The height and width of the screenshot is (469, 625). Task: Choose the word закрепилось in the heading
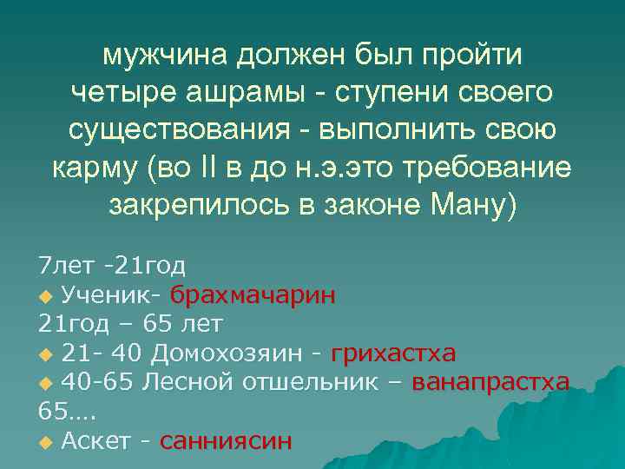pos(191,205)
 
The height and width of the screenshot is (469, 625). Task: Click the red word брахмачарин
pos(253,294)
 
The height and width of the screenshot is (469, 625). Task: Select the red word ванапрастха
pos(490,382)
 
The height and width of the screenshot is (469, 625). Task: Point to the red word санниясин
pos(227,441)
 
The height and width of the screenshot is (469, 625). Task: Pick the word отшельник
pos(312,382)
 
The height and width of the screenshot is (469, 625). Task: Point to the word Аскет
pos(95,441)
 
